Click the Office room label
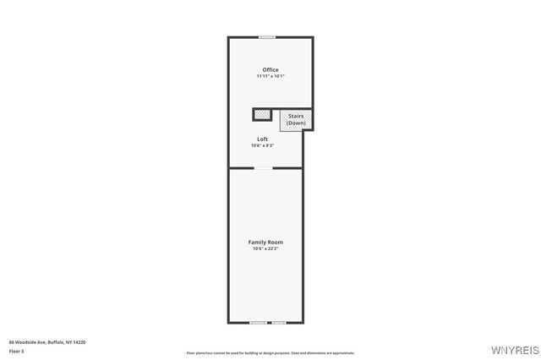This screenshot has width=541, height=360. tap(270, 70)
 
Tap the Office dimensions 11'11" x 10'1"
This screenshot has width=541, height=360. tap(270, 76)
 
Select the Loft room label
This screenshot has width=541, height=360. tap(263, 139)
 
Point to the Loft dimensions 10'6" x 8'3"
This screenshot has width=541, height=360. tap(263, 145)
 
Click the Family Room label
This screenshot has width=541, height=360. tap(265, 242)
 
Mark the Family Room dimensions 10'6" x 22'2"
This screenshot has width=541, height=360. tap(265, 248)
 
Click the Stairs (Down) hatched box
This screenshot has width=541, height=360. tap(296, 120)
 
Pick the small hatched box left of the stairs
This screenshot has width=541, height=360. tap(263, 114)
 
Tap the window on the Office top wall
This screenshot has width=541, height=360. tap(267, 37)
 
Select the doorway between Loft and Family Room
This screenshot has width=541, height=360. tap(265, 168)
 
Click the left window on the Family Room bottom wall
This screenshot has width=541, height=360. tap(258, 323)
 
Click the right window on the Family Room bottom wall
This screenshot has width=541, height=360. tap(278, 323)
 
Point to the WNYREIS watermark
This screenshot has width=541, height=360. tap(516, 349)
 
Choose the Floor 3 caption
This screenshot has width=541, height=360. tap(16, 350)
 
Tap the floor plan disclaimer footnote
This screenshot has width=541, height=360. tap(270, 353)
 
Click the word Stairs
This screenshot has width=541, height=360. tap(296, 116)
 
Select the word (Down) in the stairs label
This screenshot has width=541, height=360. tap(296, 123)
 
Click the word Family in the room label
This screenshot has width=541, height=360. tap(257, 242)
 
